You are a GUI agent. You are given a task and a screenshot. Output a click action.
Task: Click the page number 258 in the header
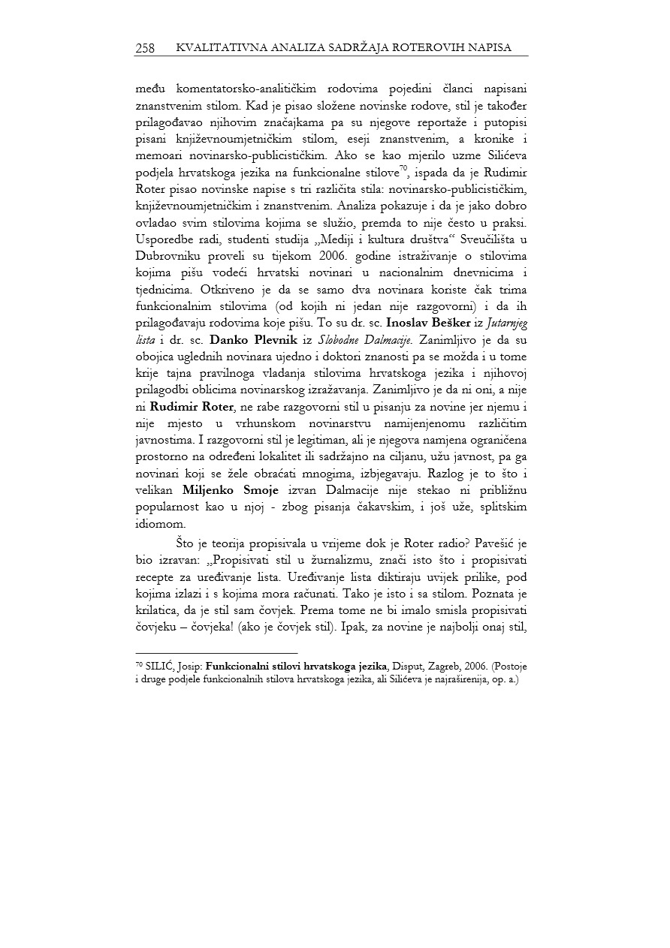point(145,48)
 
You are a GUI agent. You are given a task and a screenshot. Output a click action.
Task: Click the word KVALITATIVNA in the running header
point(213,48)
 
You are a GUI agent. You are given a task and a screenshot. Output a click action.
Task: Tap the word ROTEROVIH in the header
point(442,48)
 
